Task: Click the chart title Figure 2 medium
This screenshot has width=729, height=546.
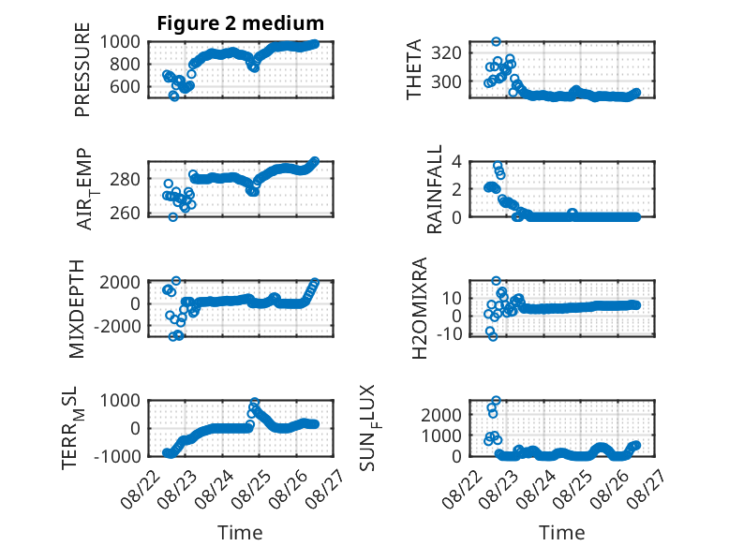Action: [241, 22]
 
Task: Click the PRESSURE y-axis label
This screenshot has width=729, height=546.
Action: [82, 69]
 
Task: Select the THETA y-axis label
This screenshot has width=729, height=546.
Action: [413, 69]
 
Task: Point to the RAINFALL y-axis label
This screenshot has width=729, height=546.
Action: [434, 189]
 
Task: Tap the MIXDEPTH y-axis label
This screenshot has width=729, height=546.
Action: [76, 309]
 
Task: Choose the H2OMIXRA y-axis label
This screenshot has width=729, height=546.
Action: [419, 308]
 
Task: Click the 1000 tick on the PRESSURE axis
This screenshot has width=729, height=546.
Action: [120, 42]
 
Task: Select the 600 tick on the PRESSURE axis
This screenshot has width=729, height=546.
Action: [125, 86]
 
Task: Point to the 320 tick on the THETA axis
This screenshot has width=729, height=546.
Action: [446, 53]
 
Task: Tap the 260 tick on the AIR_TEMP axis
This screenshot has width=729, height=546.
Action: [125, 213]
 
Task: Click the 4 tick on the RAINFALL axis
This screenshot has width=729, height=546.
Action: [456, 162]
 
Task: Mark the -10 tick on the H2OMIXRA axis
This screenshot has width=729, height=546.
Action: [450, 333]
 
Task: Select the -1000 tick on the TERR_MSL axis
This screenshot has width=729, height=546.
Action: [117, 456]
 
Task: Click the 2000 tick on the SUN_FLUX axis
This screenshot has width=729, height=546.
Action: [441, 415]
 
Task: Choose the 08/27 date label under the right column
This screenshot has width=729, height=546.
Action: [646, 489]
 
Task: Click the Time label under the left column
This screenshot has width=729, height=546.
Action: [241, 532]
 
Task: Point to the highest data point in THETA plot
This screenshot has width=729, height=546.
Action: [496, 41]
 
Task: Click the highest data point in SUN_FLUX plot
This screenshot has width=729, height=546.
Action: [496, 400]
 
